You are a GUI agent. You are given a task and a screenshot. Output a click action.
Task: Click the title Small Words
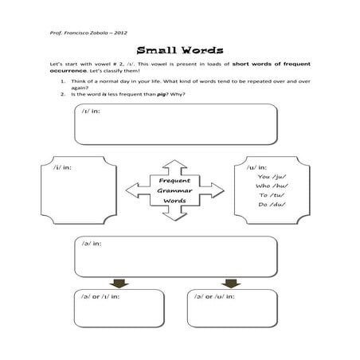coord(179,47)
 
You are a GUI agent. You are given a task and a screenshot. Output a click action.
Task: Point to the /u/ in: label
coord(256,167)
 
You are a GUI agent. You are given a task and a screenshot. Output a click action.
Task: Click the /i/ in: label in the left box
coord(62,168)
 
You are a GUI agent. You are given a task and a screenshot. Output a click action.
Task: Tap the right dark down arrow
coord(232,283)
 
